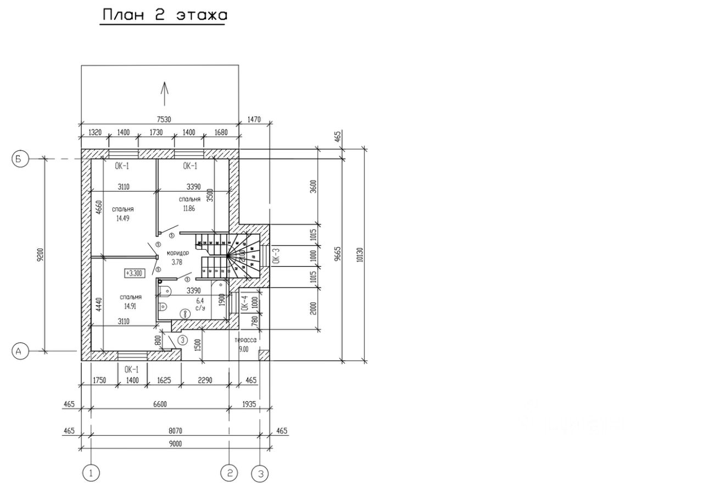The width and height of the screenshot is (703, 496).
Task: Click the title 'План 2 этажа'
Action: pyautogui.click(x=163, y=15)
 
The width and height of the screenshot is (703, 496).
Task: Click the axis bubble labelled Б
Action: pyautogui.click(x=20, y=159)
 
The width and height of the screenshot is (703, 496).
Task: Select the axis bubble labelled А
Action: pyautogui.click(x=20, y=351)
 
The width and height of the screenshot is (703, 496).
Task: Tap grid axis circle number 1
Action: pyautogui.click(x=91, y=472)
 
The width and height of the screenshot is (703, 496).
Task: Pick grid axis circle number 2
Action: pyautogui.click(x=229, y=472)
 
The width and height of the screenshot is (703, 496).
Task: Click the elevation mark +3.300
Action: pyautogui.click(x=134, y=273)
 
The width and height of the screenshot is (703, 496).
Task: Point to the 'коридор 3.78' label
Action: pyautogui.click(x=177, y=258)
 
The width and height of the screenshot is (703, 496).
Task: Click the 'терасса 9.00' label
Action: pyautogui.click(x=245, y=344)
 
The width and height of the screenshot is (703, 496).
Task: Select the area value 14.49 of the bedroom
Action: pyautogui.click(x=122, y=218)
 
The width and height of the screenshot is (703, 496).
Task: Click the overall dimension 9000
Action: pyautogui.click(x=175, y=443)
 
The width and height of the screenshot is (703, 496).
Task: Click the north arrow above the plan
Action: pyautogui.click(x=164, y=93)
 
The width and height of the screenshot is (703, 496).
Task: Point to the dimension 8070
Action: pyautogui.click(x=175, y=431)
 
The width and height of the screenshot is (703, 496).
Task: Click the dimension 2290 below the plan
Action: pyautogui.click(x=205, y=380)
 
